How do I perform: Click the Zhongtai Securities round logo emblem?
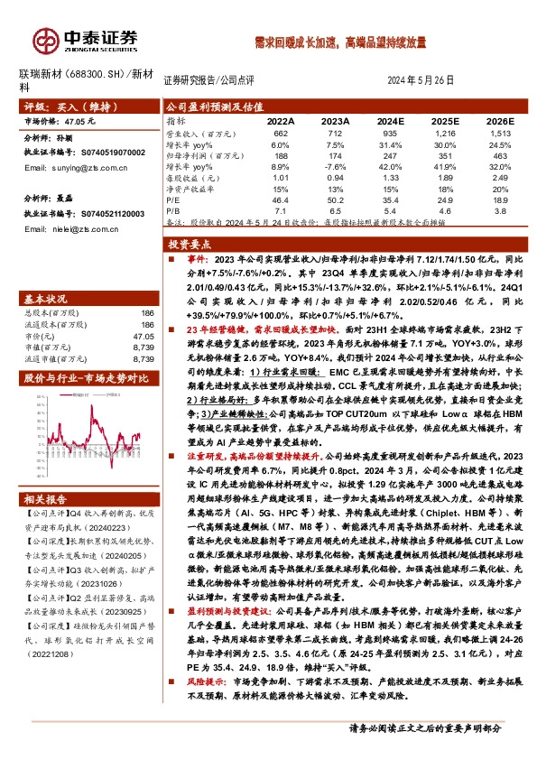coord(45,40)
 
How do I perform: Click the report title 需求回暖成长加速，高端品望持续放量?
coord(339,42)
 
